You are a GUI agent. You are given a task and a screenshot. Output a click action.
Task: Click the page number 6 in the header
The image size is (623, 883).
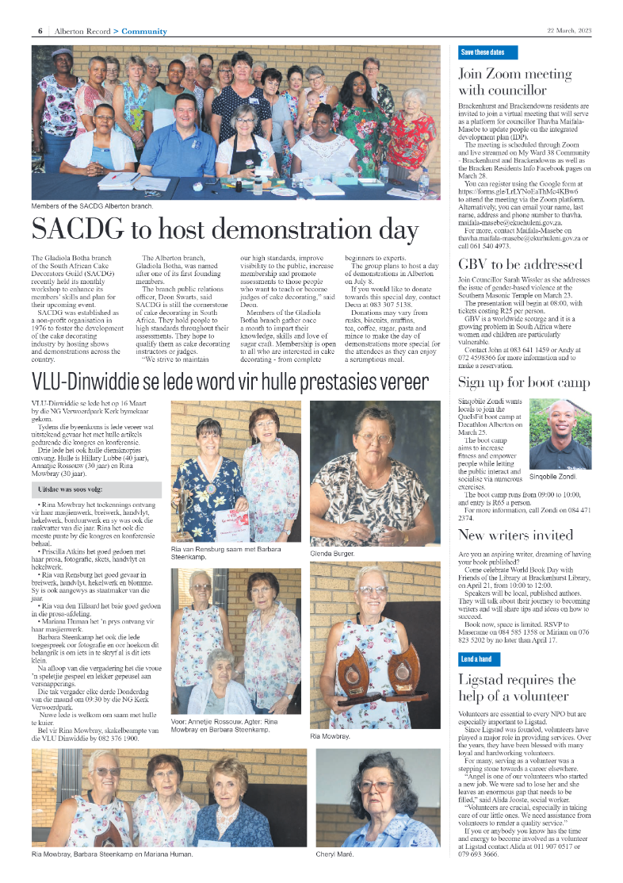[x=39, y=31]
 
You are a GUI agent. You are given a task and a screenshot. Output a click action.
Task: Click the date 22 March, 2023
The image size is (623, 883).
[x=569, y=31]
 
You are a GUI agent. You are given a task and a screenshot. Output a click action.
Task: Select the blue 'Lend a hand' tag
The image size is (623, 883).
[x=476, y=659]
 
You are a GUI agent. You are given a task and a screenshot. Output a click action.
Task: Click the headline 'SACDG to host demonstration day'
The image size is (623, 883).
[x=224, y=231]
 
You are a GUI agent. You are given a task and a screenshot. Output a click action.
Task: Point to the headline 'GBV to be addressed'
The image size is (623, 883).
[x=520, y=264]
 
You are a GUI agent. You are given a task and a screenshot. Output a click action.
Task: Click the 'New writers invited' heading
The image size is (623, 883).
[x=515, y=535]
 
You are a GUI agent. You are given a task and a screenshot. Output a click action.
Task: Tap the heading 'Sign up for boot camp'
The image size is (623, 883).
[x=524, y=383]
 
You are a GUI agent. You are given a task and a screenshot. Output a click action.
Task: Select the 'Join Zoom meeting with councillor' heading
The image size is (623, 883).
[x=515, y=82]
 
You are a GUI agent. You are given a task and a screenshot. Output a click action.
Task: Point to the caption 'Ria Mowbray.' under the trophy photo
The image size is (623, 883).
[x=331, y=737]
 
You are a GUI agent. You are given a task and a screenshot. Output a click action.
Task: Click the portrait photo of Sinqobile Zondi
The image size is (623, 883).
[x=560, y=435]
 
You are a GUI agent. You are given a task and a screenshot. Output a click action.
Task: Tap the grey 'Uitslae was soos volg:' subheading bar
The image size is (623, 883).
[x=98, y=489]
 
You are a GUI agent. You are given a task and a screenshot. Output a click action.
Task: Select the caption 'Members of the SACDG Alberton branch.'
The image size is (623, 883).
[x=92, y=206]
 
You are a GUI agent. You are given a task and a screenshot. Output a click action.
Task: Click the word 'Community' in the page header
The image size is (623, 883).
[x=145, y=31]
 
